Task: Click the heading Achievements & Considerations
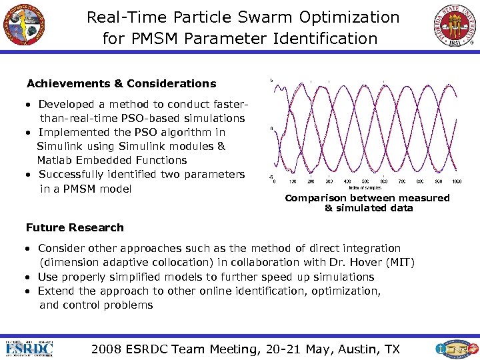[121, 84]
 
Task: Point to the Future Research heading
[75, 227]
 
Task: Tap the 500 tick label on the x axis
[365, 181]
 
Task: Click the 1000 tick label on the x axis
[457, 181]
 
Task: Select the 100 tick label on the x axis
[292, 181]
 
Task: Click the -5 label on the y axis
[270, 177]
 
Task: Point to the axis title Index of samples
[366, 187]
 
